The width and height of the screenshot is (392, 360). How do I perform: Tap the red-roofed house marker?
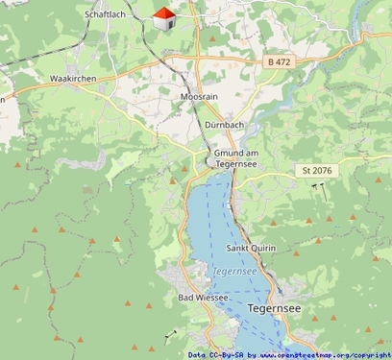tap(164, 17)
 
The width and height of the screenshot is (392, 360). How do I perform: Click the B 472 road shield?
tap(280, 61)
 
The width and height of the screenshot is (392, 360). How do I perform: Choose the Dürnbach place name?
tap(225, 125)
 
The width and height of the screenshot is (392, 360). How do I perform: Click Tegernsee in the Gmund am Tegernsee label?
tap(234, 164)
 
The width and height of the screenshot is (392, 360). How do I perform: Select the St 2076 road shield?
tap(317, 170)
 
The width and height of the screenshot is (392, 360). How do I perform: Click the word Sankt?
tap(238, 248)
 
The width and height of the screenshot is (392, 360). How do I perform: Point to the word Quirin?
tap(264, 248)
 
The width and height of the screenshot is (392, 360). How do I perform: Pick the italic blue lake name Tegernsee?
tap(234, 271)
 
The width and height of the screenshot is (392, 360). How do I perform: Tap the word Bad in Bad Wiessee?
tap(187, 298)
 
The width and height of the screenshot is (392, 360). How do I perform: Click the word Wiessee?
tap(213, 298)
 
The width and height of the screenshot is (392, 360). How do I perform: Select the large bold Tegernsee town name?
tap(274, 309)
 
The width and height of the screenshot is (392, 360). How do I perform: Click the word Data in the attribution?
tap(197, 354)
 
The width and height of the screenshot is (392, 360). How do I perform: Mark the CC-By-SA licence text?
tap(228, 354)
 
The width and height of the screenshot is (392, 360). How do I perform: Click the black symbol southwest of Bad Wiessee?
tap(172, 334)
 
